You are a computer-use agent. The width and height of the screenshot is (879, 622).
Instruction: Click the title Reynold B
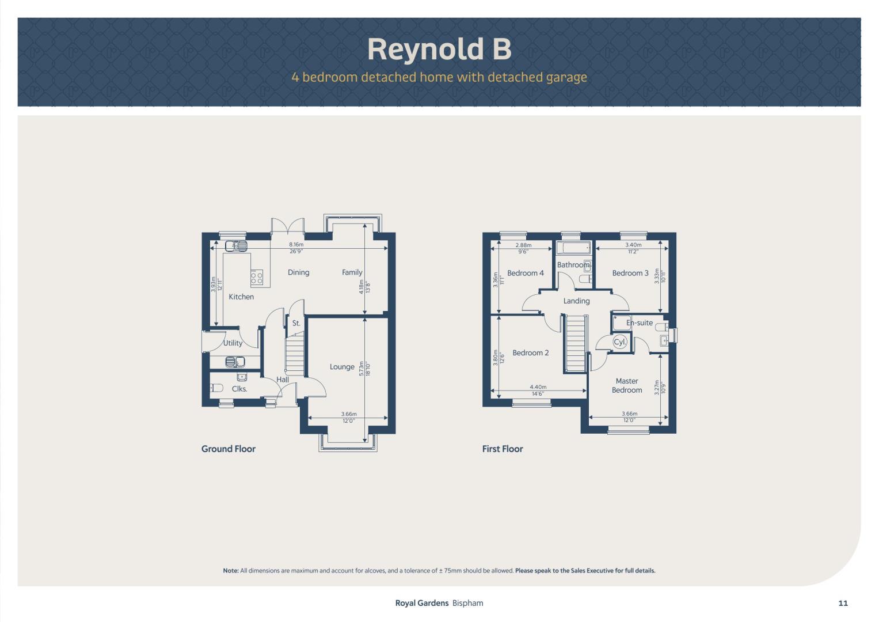(440, 50)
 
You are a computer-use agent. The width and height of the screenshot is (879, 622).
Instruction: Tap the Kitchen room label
(241, 297)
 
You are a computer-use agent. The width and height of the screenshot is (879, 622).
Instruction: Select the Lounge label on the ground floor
(342, 367)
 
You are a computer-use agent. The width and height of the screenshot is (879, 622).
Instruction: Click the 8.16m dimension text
(296, 244)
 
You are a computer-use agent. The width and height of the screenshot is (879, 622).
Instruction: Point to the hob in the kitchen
(257, 278)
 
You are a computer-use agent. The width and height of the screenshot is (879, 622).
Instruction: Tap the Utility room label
(233, 343)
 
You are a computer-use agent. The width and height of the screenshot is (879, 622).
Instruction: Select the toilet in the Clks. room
(216, 388)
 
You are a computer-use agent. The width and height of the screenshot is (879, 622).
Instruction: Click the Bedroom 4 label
(526, 273)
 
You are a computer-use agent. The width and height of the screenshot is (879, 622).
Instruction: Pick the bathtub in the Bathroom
(574, 248)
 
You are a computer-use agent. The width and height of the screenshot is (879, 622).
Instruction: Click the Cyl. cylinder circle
(619, 342)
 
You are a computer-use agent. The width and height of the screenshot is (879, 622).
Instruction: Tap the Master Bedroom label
(627, 386)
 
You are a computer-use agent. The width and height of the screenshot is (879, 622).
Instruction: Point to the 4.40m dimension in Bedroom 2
(538, 387)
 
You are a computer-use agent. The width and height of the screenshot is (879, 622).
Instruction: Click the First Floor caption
(503, 449)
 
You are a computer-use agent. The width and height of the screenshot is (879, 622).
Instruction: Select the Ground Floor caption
(229, 449)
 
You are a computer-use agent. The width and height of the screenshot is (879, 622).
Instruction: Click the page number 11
(843, 603)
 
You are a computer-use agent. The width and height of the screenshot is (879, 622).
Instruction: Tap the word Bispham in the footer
(467, 603)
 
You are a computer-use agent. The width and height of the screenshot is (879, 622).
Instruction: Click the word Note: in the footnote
(231, 571)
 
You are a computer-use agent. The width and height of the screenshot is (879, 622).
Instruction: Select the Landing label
(576, 301)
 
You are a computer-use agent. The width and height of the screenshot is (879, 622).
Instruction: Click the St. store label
(296, 323)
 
